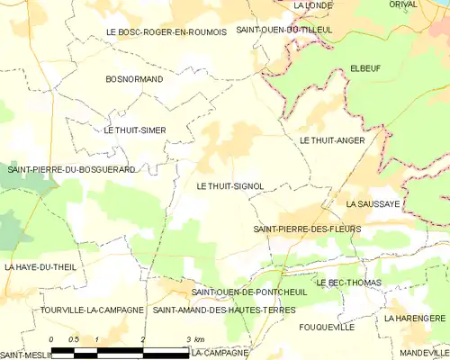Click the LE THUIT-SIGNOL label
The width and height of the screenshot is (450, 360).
[x=229, y=186]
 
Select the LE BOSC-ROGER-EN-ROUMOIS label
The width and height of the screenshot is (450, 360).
[x=166, y=31]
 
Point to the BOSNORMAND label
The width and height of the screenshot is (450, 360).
[x=134, y=80]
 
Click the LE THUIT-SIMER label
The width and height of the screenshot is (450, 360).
[x=135, y=130]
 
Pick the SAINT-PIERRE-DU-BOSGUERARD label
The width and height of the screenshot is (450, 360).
[x=72, y=169]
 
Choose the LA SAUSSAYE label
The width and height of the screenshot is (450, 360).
[x=373, y=205]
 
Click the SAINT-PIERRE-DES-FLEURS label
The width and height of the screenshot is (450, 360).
[x=307, y=229]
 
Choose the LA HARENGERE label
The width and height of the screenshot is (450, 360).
[x=414, y=319]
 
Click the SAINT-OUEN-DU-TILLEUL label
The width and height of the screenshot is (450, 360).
[x=283, y=30]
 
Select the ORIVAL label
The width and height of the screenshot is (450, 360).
[x=403, y=4]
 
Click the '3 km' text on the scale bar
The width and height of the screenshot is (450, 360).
[x=195, y=338]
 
